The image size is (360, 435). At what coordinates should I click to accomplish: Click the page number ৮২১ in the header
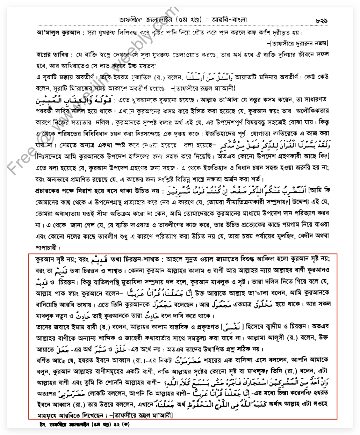(x=322, y=21)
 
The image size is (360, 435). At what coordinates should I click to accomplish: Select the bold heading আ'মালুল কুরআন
(x=58, y=33)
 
